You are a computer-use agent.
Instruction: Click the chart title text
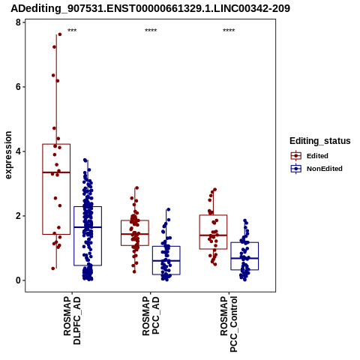(x=150, y=8)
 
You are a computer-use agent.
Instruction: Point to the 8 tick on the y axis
(x=18, y=22)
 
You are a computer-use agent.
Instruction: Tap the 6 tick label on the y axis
(x=18, y=87)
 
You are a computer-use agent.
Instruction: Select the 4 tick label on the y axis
(x=18, y=151)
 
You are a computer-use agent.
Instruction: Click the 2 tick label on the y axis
(x=18, y=216)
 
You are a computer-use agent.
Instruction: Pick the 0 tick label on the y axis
(x=18, y=280)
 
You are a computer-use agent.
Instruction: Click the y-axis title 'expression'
(x=8, y=155)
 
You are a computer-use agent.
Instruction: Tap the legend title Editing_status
(x=320, y=141)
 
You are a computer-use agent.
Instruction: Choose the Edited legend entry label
(x=317, y=156)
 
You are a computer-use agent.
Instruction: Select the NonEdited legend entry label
(x=325, y=169)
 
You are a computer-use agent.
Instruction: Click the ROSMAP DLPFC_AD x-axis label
(x=72, y=320)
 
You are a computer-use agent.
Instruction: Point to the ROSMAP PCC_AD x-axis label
(x=151, y=316)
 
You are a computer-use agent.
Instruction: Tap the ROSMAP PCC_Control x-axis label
(x=229, y=324)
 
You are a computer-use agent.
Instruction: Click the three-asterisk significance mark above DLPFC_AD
(x=72, y=31)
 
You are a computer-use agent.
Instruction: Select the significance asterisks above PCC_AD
(x=151, y=31)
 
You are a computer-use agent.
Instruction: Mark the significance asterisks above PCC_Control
(x=229, y=31)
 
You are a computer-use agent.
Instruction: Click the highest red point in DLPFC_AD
(x=60, y=34)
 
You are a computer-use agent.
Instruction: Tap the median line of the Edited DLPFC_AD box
(x=56, y=172)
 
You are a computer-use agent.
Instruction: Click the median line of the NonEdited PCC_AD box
(x=166, y=261)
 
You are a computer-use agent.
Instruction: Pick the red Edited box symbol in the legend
(x=296, y=156)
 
